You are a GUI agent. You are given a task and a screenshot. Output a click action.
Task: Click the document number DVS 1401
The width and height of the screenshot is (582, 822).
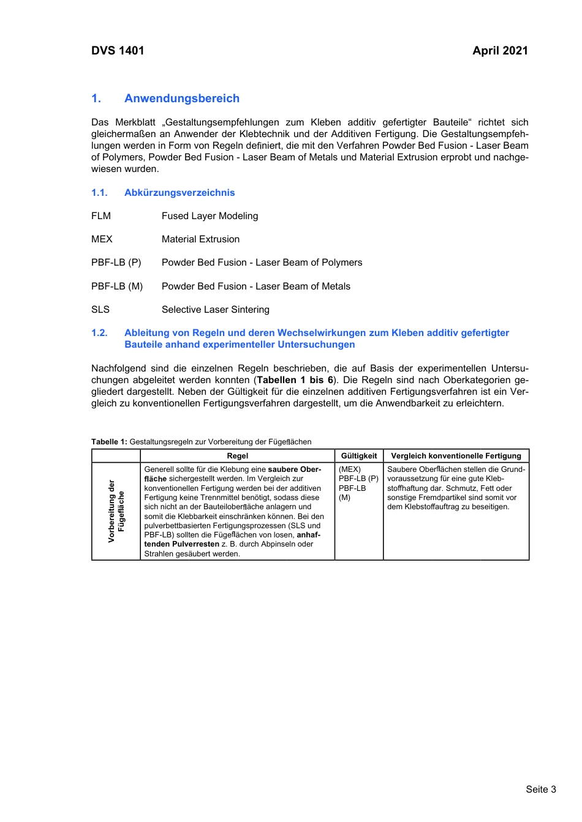click(x=118, y=51)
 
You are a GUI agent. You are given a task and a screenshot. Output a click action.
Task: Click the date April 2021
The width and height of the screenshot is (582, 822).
click(x=500, y=51)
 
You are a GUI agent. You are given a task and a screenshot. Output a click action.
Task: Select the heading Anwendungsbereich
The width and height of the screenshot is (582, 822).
click(x=181, y=99)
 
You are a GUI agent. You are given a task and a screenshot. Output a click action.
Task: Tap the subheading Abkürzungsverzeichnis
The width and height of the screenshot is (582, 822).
click(x=180, y=193)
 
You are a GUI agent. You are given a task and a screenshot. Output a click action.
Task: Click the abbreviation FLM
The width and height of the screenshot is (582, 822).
click(x=101, y=216)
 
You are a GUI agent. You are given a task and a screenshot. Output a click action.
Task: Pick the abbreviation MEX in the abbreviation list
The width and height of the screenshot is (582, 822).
click(x=102, y=239)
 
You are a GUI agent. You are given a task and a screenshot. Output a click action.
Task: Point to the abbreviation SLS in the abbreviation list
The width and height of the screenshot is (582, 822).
click(x=100, y=310)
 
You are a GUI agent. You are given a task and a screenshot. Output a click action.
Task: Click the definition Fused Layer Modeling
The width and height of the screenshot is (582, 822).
click(x=210, y=216)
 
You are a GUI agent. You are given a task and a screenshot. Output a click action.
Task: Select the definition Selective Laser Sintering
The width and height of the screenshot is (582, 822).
click(x=215, y=310)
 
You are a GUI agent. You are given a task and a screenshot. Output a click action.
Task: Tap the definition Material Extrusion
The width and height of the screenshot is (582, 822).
click(x=200, y=239)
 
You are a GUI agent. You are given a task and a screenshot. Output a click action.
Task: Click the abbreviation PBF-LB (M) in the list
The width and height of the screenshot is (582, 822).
click(x=117, y=286)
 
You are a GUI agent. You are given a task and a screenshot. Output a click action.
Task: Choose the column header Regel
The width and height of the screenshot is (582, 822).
click(x=238, y=456)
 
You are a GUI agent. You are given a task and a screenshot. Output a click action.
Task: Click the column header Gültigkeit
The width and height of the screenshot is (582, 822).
click(x=359, y=456)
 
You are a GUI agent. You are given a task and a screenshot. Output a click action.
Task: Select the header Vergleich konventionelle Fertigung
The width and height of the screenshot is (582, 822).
click(x=456, y=456)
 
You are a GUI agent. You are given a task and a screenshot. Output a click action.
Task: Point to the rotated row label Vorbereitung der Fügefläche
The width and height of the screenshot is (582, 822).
click(x=116, y=511)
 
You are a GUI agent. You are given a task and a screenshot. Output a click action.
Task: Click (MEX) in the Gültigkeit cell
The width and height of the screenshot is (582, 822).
click(x=350, y=469)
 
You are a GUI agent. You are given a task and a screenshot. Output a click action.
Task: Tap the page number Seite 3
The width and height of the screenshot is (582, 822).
click(x=540, y=790)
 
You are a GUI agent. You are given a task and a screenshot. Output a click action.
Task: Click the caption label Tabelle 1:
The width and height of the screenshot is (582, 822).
click(x=109, y=442)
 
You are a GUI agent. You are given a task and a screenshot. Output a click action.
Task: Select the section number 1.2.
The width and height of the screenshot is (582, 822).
click(x=99, y=333)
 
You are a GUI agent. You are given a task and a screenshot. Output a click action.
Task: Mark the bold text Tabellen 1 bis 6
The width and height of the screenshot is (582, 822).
click(x=295, y=380)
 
